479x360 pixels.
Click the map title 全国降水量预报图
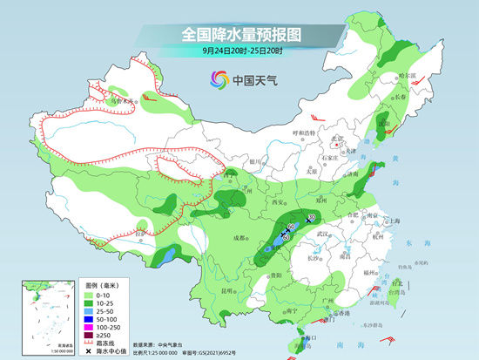tap(240, 34)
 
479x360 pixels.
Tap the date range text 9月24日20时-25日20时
tap(240, 51)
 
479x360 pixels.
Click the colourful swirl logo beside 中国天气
tap(219, 81)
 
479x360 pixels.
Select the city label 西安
tap(280, 202)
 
